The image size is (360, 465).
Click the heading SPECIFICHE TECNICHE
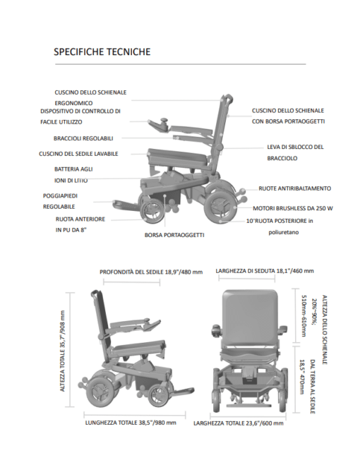pyautogui.click(x=102, y=52)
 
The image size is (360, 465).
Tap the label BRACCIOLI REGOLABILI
pyautogui.click(x=83, y=138)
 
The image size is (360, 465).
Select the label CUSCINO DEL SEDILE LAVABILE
pyautogui.click(x=78, y=154)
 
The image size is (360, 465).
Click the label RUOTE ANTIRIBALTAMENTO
pyautogui.click(x=295, y=188)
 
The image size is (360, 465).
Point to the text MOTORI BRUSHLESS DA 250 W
pyautogui.click(x=293, y=208)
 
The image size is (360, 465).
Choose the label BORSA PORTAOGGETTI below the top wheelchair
pyautogui.click(x=174, y=235)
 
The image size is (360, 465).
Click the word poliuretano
pyautogui.click(x=284, y=233)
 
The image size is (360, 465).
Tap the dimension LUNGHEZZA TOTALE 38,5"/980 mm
pyautogui.click(x=131, y=423)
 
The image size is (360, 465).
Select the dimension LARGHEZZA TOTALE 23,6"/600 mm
pyautogui.click(x=239, y=423)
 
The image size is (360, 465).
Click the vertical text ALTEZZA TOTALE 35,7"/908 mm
pyautogui.click(x=62, y=351)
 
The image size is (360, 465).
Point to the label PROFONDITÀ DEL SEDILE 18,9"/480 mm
pyautogui.click(x=151, y=272)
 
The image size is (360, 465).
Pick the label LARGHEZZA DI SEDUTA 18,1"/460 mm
pyautogui.click(x=265, y=271)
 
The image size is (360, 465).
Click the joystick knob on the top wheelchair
pyautogui.click(x=164, y=121)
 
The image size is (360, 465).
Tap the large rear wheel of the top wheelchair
pyautogui.click(x=222, y=207)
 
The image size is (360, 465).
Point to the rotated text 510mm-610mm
pyautogui.click(x=304, y=316)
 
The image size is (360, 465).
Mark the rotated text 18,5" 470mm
pyautogui.click(x=302, y=378)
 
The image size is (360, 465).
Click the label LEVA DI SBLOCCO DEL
pyautogui.click(x=295, y=147)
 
